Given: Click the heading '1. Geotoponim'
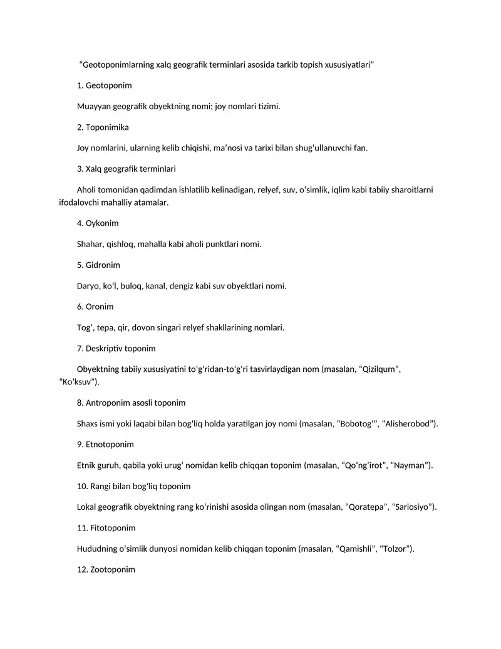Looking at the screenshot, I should pos(104,85).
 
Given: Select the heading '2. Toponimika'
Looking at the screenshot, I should pos(103,127).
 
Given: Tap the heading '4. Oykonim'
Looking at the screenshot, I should pos(98,223).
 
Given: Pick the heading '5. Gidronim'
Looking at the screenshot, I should pos(98,265).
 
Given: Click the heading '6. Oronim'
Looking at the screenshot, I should pos(95,307).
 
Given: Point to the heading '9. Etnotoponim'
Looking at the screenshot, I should pos(105,444).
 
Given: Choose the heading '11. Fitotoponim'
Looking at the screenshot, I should pos(106,528).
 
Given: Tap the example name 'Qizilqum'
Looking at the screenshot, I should pos(378,369).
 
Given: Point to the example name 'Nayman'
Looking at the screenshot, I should pos(410,465).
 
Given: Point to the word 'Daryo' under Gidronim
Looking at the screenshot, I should pos(87,286).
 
